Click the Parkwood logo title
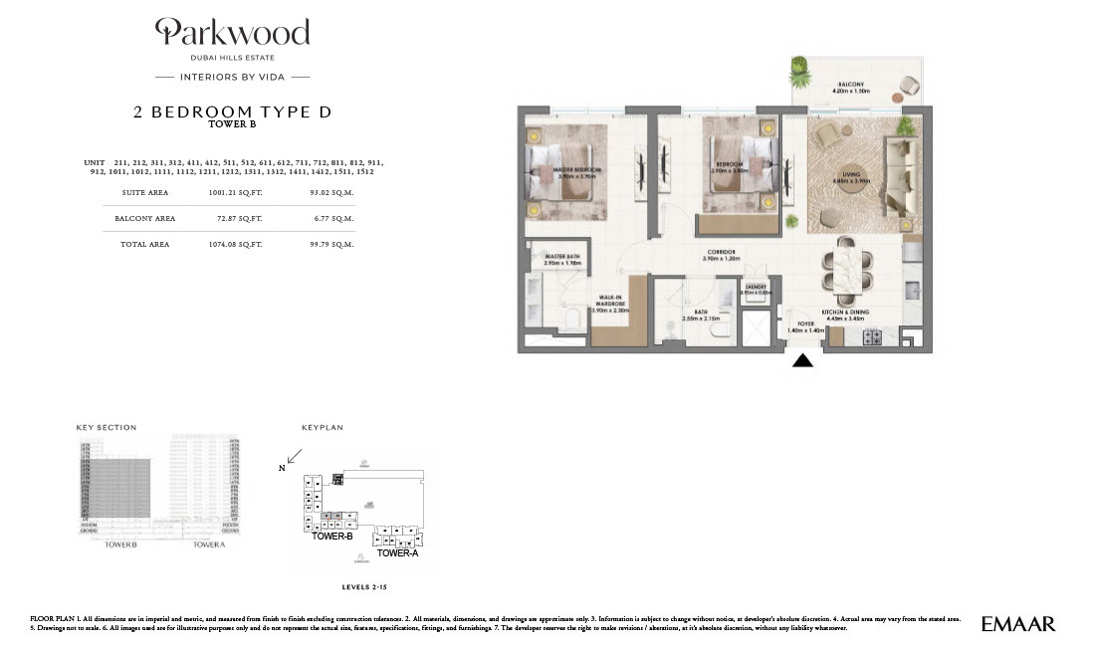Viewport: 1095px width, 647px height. coord(232,34)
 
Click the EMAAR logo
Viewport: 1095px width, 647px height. coord(1017,624)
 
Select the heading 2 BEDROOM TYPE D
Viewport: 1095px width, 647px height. coord(232,112)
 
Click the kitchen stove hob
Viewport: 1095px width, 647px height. coord(872,336)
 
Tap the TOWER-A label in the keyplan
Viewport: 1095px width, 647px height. coord(397,552)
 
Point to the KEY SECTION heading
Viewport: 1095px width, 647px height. coord(107,428)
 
